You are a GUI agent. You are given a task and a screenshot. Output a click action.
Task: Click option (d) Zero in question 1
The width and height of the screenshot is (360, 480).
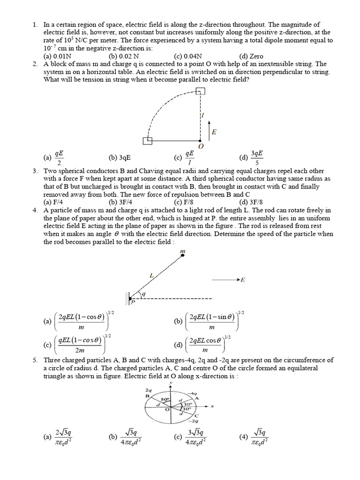(x=251, y=56)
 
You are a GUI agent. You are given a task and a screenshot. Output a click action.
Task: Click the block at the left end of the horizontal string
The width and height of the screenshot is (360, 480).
(x=148, y=140)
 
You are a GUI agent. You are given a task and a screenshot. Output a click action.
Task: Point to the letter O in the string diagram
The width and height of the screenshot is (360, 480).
(x=201, y=147)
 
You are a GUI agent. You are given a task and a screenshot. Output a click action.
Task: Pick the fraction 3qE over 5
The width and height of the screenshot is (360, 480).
(x=256, y=158)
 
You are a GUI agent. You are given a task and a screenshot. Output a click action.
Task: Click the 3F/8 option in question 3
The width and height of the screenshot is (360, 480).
(x=251, y=202)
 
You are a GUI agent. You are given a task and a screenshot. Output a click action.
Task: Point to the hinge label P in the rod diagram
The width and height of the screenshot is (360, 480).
(x=133, y=303)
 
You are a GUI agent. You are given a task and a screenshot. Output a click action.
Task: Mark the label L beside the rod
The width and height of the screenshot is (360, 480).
(x=151, y=276)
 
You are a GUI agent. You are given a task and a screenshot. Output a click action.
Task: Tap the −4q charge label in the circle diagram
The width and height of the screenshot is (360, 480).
(x=191, y=393)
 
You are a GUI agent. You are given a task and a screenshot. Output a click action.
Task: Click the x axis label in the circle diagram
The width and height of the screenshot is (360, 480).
(x=212, y=406)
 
